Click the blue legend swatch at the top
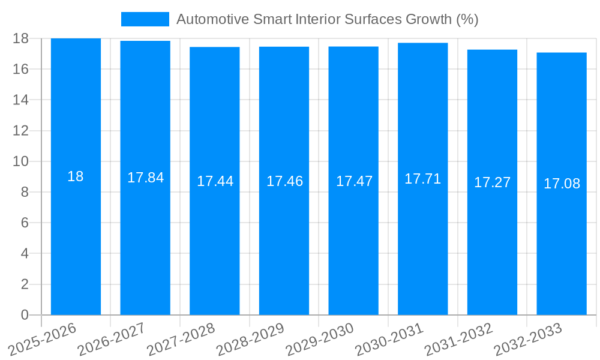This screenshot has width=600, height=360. coord(145,19)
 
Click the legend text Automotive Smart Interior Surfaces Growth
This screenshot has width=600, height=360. coord(327,19)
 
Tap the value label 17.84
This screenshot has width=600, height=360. coord(145,178)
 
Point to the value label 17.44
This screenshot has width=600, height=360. coord(215,181)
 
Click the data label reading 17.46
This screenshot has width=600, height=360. coord(284,181)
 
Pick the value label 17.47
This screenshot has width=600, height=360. coord(354,181)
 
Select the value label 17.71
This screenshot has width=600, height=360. coord(422,179)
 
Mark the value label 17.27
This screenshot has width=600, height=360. coord(492,182)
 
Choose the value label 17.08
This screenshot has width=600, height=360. coord(562,184)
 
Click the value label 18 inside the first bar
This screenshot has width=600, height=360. coord(76,176)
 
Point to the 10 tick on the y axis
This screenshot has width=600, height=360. coord(21,161)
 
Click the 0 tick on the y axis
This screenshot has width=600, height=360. coord(25,315)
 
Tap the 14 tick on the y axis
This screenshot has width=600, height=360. coord(21,100)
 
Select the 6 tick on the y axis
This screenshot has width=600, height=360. coord(25,223)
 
